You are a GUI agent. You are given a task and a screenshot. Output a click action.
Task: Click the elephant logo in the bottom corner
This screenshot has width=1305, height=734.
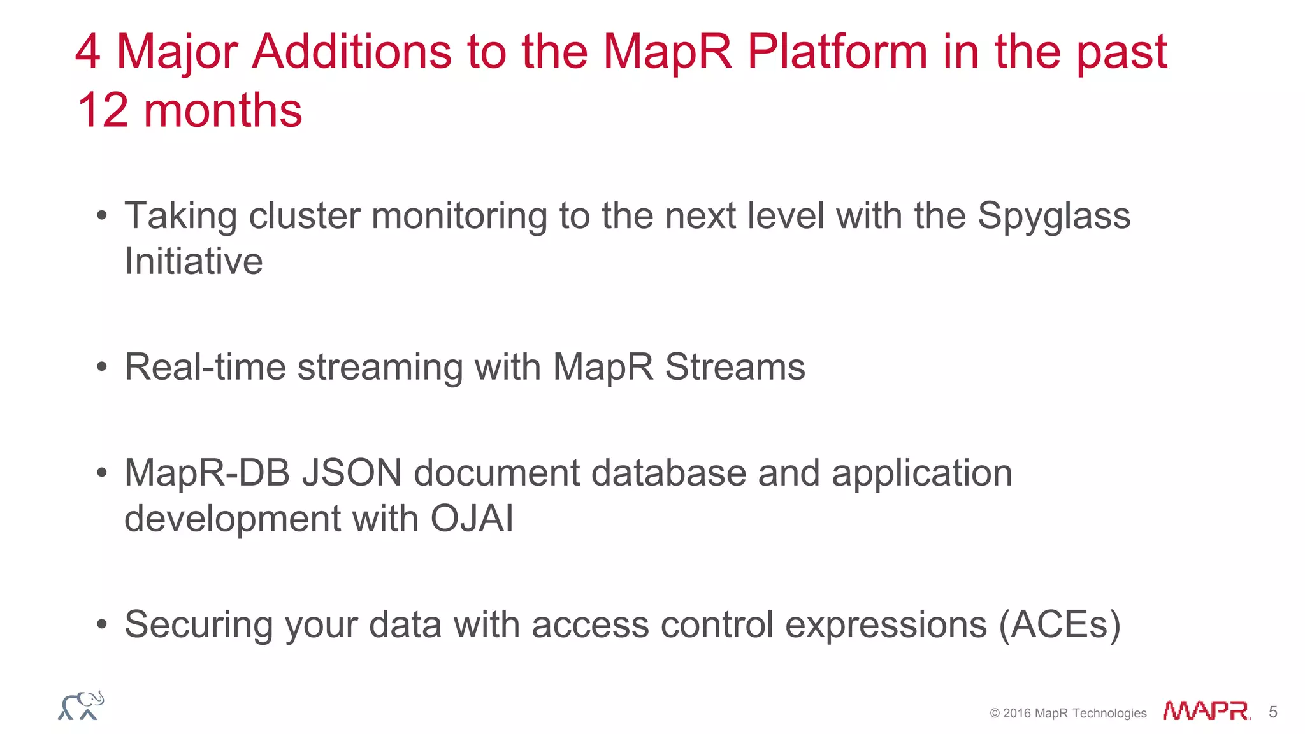81,706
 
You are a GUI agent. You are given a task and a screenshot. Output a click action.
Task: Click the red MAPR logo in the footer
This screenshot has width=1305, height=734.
1206,711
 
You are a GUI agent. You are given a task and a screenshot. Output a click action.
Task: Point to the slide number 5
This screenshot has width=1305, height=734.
1273,712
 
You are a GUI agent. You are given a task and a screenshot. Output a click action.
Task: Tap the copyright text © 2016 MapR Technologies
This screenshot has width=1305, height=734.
1068,713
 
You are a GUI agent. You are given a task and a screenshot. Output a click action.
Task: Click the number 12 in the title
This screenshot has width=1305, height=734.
102,110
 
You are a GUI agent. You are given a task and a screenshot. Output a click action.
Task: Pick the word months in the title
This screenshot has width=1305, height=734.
223,110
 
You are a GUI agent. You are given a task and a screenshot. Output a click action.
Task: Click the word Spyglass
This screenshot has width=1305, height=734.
1054,217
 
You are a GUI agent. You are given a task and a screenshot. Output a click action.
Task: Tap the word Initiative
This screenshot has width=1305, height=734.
194,261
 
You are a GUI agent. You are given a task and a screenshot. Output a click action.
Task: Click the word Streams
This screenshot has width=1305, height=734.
735,367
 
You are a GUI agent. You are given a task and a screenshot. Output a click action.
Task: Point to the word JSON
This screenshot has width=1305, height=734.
352,473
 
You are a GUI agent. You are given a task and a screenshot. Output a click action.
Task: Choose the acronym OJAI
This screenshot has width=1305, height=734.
472,519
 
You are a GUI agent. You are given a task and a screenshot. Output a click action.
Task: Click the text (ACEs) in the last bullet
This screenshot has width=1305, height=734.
1060,624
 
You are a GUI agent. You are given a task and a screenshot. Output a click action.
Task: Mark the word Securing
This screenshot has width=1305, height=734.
199,624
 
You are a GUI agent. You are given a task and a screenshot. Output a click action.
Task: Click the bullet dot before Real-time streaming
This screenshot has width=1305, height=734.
102,368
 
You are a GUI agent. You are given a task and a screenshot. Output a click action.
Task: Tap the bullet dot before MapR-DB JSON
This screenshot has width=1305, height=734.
102,473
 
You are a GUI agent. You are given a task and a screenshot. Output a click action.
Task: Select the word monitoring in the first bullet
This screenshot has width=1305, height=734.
459,217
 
